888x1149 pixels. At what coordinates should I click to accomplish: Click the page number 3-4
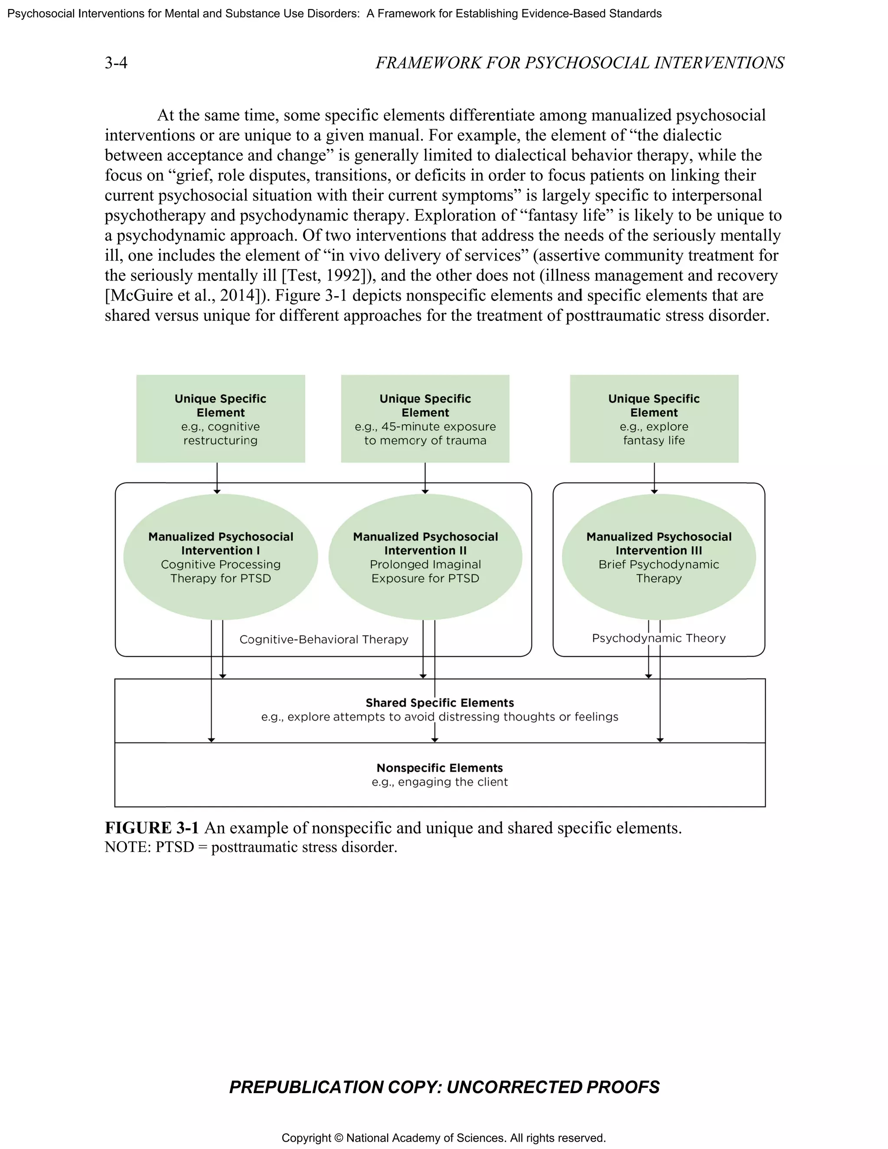(x=116, y=63)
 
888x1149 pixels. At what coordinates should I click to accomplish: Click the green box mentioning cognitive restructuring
(x=220, y=419)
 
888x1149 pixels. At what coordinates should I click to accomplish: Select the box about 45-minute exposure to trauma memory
(x=425, y=419)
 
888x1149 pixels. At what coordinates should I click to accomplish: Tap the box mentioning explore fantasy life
(x=654, y=419)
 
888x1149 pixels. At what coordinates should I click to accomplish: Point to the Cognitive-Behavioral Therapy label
(x=323, y=639)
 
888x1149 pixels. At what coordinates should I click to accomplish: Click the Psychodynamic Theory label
(x=659, y=638)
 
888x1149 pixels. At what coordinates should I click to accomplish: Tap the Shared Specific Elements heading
(x=440, y=703)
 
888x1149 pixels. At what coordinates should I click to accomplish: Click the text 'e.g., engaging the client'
(x=440, y=782)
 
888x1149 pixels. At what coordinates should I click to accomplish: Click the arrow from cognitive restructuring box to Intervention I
(x=217, y=478)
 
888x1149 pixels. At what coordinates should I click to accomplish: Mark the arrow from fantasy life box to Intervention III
(x=654, y=478)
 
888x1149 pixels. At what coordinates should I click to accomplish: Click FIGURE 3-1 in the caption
(x=151, y=828)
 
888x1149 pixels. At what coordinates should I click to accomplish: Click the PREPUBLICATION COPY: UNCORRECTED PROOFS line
(x=444, y=1087)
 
